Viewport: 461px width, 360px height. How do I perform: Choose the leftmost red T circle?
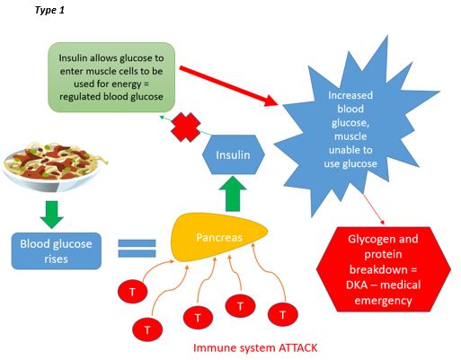pyautogui.click(x=130, y=292)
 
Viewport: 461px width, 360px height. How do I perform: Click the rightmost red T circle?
pyautogui.click(x=284, y=315)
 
